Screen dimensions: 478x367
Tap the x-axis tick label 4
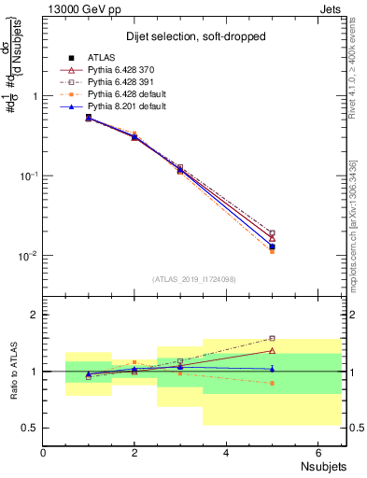click(x=227, y=453)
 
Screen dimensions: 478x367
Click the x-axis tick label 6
click(x=318, y=453)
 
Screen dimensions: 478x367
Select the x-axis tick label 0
click(x=44, y=453)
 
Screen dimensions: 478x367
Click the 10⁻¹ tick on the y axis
click(x=27, y=176)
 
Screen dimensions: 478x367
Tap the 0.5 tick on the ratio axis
click(x=29, y=428)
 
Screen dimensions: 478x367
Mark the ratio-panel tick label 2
click(x=34, y=315)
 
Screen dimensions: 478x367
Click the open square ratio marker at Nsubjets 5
click(x=272, y=339)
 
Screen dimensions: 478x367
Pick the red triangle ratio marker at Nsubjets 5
click(x=272, y=351)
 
